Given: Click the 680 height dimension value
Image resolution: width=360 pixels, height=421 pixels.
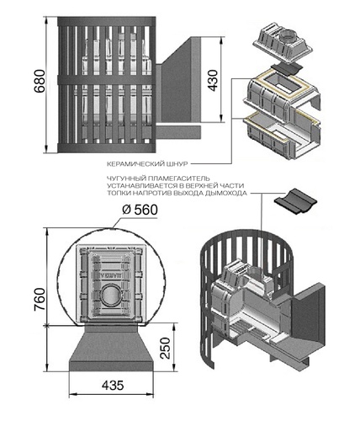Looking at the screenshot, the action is [40, 81].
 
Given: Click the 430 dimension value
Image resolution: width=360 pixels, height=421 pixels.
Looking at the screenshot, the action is [213, 81].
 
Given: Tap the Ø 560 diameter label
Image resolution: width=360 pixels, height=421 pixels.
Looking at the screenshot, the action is [140, 210].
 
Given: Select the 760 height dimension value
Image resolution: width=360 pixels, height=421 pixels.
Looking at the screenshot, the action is [40, 299].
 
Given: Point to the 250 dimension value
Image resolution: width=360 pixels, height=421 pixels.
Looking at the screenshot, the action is [166, 349].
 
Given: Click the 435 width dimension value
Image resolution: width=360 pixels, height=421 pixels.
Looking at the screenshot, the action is [113, 386].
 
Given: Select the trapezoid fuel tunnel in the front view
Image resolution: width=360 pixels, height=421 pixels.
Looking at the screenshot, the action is [111, 348].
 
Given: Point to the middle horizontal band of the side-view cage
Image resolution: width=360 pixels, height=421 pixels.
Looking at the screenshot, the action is [106, 79].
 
